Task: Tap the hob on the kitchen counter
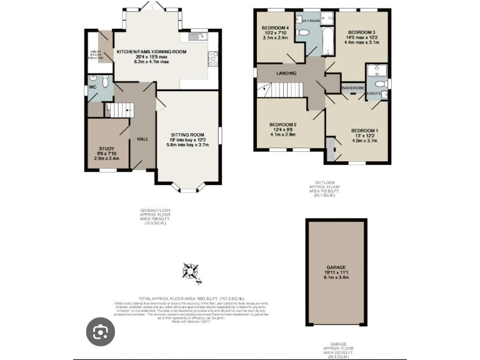[x=212, y=58]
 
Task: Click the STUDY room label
[x=108, y=149]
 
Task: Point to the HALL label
[x=142, y=139]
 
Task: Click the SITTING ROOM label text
[x=188, y=134]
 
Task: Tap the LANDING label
[x=287, y=73]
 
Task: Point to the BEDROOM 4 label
[x=275, y=28]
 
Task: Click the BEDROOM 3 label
[x=361, y=32]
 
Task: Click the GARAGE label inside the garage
[x=336, y=267]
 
